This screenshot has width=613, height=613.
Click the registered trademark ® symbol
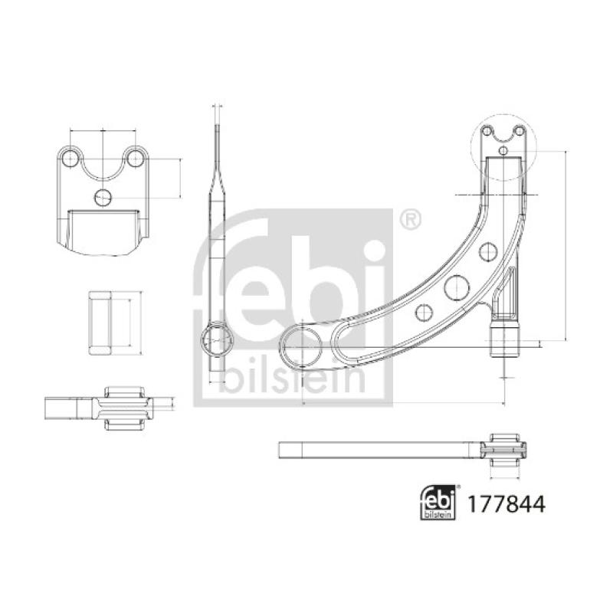click(411, 220)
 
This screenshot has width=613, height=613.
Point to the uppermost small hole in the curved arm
click(487, 251)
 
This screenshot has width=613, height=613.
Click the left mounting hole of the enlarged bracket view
click(70, 159)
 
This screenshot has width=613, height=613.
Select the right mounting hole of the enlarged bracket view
click(136, 159)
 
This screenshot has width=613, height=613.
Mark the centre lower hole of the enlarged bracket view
click(103, 198)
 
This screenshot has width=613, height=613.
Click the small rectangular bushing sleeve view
click(102, 323)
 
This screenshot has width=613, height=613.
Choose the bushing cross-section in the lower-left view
click(124, 407)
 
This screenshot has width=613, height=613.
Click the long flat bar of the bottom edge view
click(375, 448)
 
